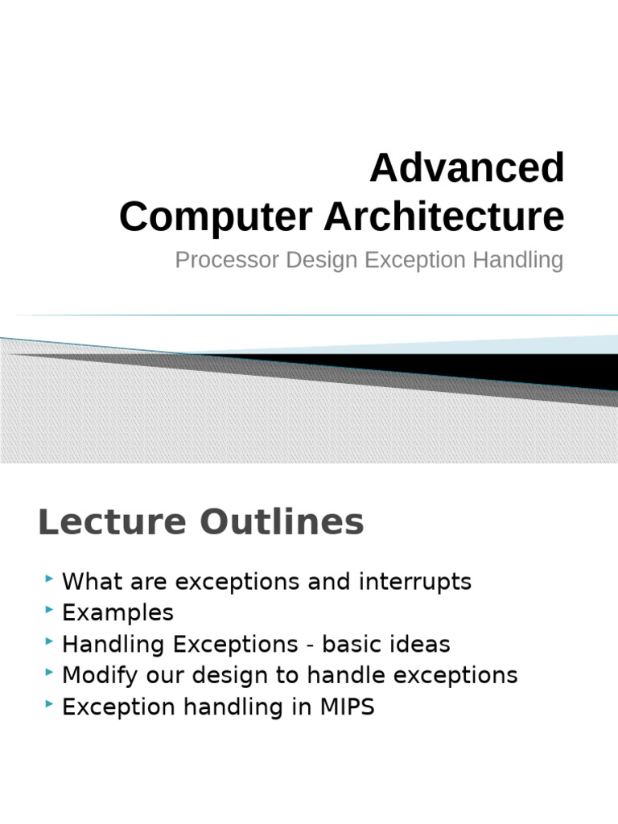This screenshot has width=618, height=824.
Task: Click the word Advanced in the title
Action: tap(467, 168)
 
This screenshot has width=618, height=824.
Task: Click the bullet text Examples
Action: tap(117, 613)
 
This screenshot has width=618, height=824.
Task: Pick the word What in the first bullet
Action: tap(89, 582)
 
